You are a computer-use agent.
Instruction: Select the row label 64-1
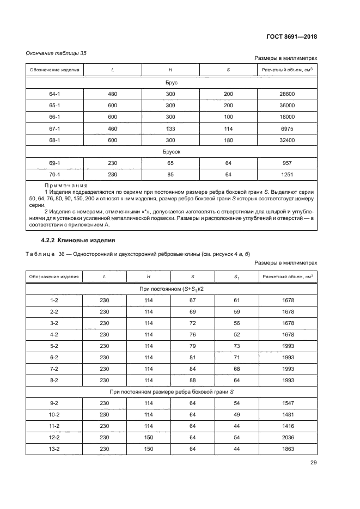(x=54, y=94)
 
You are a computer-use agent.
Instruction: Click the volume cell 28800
(x=287, y=94)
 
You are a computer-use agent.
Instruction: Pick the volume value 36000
(x=287, y=105)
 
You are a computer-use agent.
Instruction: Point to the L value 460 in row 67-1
(x=113, y=128)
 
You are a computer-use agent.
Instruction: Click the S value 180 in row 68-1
(x=228, y=140)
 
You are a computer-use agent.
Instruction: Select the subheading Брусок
(x=172, y=152)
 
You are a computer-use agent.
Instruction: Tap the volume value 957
(x=287, y=163)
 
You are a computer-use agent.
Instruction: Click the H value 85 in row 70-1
(x=170, y=175)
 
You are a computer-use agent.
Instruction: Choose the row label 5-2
(x=54, y=346)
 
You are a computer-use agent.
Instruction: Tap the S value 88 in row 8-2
(x=192, y=380)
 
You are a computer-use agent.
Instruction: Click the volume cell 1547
(x=288, y=403)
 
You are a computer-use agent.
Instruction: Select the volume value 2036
(x=288, y=437)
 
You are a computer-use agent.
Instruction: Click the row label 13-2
(x=54, y=449)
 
